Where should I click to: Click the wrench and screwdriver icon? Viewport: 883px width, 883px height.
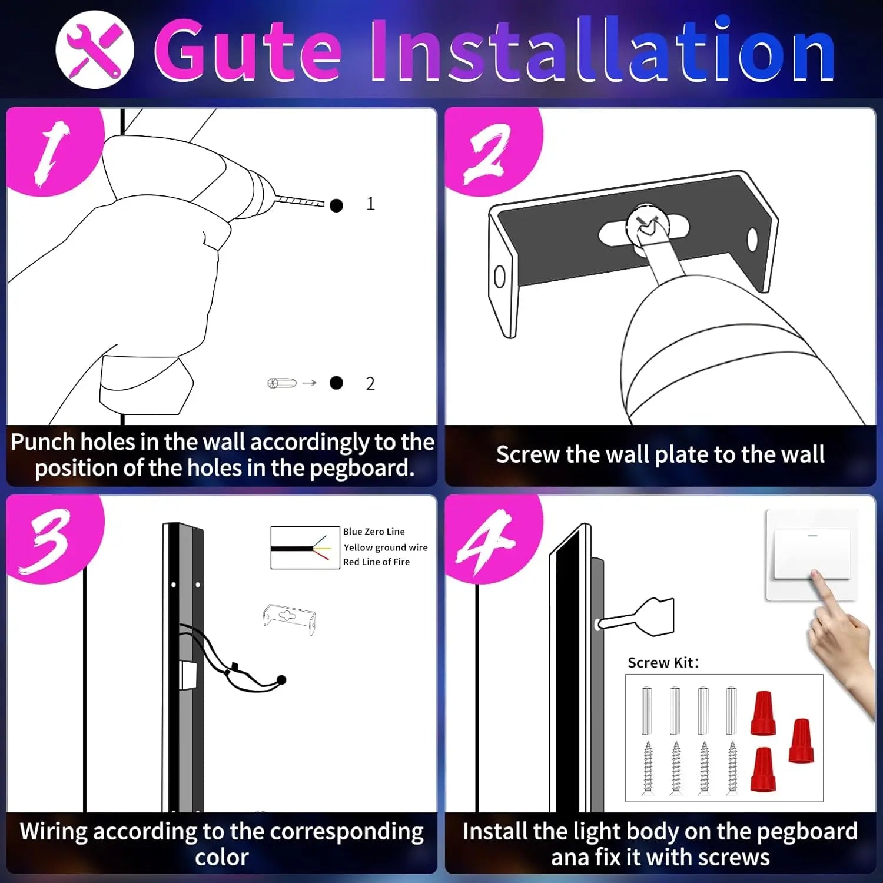tap(94, 49)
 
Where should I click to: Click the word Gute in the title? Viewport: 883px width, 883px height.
tap(247, 52)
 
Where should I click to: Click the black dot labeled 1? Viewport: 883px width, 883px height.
tap(336, 205)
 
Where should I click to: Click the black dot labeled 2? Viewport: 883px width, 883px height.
tap(336, 383)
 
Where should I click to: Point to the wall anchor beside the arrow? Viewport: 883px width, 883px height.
tap(282, 383)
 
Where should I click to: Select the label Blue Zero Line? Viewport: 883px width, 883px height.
tap(374, 532)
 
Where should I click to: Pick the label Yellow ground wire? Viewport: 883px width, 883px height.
tap(386, 547)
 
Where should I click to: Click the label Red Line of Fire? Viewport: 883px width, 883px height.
tap(376, 562)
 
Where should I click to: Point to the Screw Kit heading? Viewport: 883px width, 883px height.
tap(663, 663)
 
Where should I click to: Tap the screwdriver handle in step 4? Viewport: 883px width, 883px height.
tap(655, 617)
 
